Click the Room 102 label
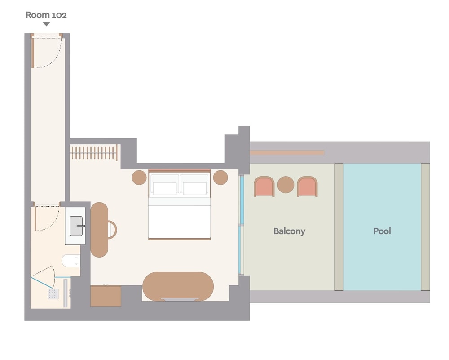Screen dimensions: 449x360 (x=46, y=15)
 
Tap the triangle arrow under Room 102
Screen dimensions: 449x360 (x=46, y=24)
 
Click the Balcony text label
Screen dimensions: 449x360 (x=289, y=231)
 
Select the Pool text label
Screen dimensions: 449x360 (x=382, y=231)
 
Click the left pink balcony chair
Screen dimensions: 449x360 (x=264, y=187)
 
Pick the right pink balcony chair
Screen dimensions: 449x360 (x=307, y=187)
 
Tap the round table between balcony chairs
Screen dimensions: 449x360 (x=286, y=185)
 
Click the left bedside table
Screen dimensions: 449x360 (x=139, y=178)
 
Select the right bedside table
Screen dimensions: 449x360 (x=220, y=178)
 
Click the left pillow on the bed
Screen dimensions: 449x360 (x=165, y=188)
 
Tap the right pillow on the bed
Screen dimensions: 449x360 (x=195, y=188)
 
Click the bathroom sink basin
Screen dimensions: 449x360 (x=76, y=226)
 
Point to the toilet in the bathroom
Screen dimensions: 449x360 (x=71, y=261)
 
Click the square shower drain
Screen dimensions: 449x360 (x=53, y=294)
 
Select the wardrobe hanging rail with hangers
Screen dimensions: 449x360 (x=94, y=152)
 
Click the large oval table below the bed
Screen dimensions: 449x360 (x=178, y=286)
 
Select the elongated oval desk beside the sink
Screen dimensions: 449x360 (x=99, y=230)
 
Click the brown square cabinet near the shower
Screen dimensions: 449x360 (x=106, y=296)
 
